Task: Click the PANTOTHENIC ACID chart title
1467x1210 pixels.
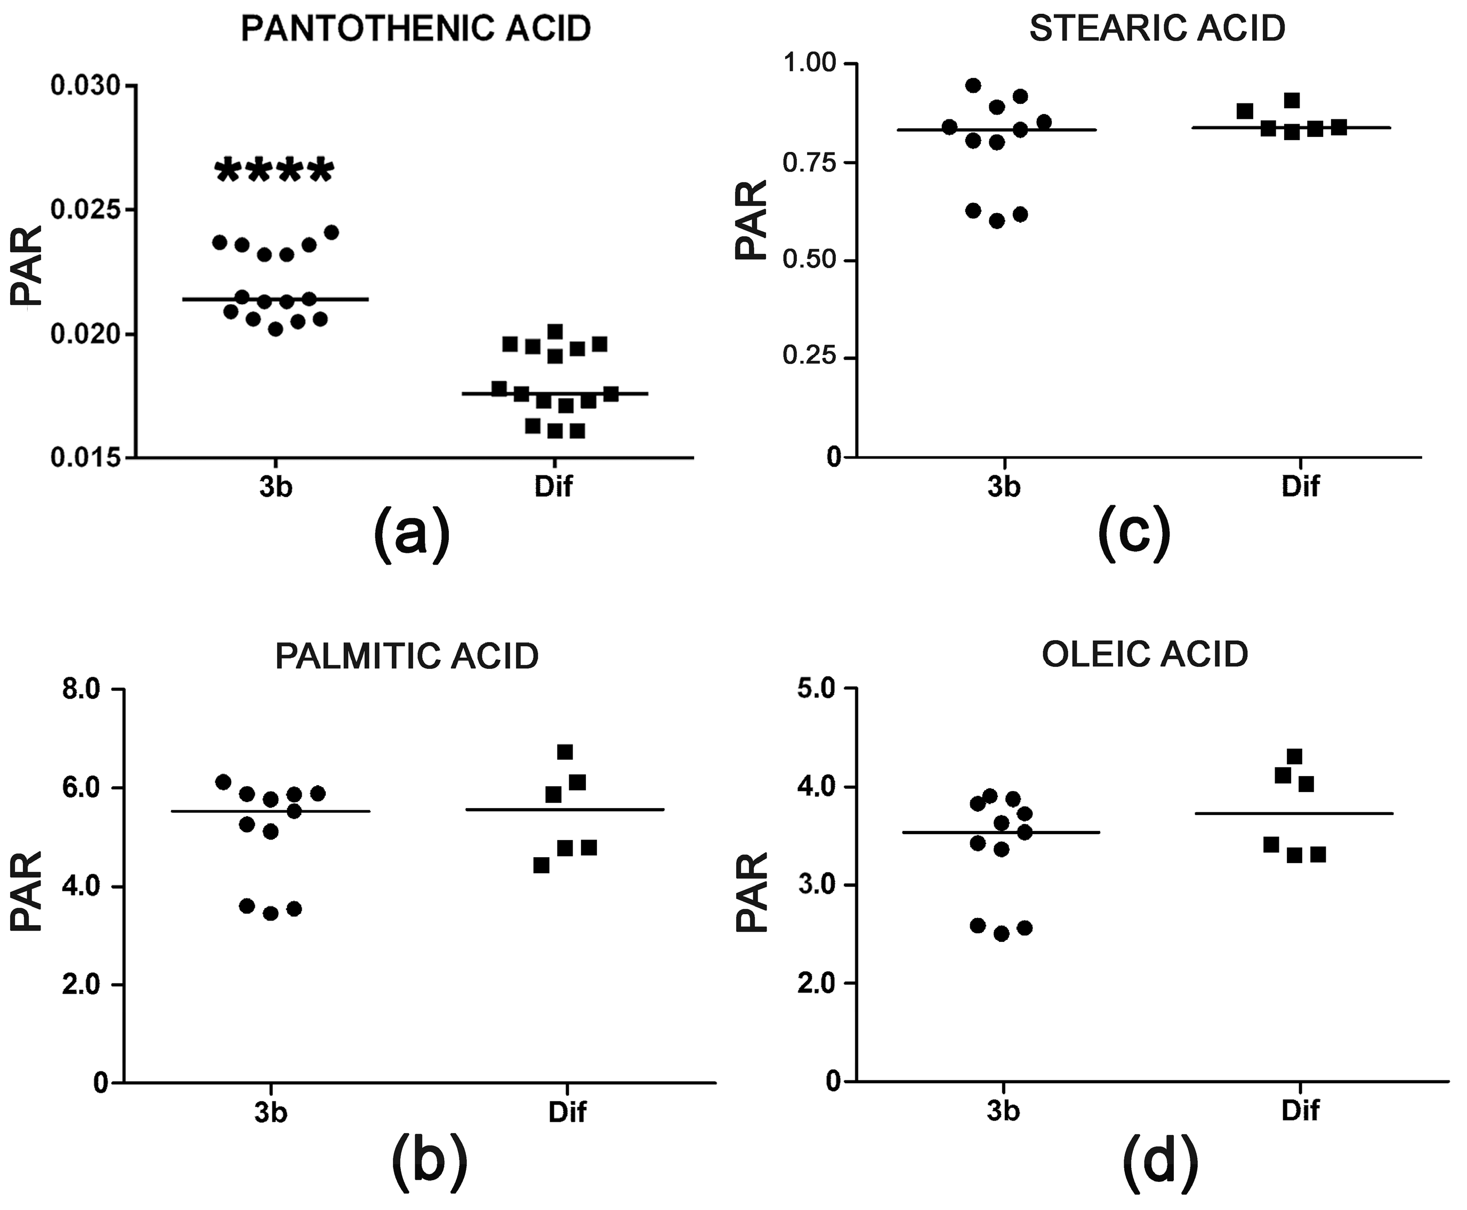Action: click(415, 29)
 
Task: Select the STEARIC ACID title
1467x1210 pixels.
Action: click(1157, 29)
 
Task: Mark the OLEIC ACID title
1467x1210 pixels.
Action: click(1144, 655)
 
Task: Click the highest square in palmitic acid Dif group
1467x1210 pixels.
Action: click(565, 752)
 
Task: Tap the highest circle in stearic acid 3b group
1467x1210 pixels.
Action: click(973, 86)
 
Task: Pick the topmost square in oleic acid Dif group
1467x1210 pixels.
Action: click(1295, 757)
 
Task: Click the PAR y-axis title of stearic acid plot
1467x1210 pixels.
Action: click(751, 220)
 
